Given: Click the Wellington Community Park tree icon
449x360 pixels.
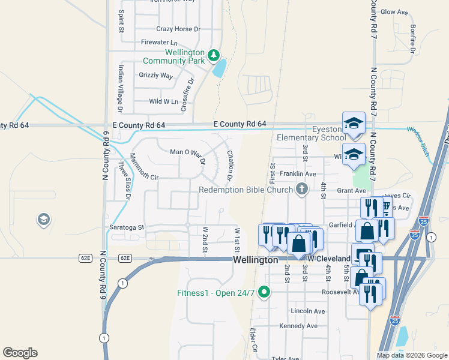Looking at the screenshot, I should point(212,56).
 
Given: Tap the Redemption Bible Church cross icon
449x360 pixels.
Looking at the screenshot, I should point(301,190).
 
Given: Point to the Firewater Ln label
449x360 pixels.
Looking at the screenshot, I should point(159,43).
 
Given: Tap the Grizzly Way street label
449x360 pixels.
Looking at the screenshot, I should point(155,76).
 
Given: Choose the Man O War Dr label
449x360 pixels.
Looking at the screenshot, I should point(188,156).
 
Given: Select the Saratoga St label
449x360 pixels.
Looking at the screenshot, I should point(127,227).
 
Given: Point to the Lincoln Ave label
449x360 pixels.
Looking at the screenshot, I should point(307,311).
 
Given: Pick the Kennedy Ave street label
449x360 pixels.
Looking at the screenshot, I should point(298,326).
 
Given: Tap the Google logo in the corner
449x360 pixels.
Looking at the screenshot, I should point(20,353).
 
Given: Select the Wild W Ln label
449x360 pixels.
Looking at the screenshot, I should point(163,101).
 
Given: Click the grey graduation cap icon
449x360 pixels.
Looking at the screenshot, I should point(43,220).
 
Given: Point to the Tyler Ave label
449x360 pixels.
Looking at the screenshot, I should point(285,358).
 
